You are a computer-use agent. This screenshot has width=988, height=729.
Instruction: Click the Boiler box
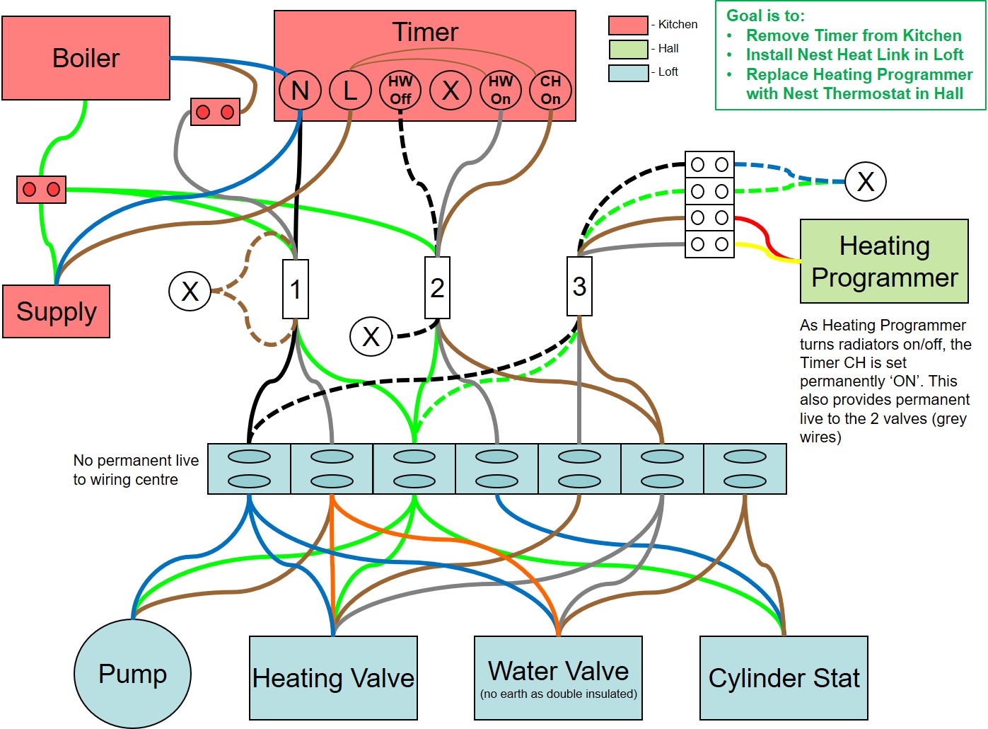coord(86,58)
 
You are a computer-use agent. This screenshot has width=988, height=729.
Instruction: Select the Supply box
coord(56,311)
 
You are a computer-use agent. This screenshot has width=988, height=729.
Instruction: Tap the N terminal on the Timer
coord(300,91)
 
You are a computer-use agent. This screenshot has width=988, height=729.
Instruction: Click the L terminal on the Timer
coord(350,91)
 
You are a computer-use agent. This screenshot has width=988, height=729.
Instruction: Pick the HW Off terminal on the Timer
coord(400,91)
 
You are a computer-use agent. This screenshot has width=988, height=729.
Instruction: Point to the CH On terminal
coord(550,91)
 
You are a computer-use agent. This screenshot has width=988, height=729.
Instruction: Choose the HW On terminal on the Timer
coord(501,91)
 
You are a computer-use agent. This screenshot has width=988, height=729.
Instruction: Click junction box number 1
coord(296,289)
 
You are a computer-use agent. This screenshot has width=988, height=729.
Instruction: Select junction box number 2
coord(437,287)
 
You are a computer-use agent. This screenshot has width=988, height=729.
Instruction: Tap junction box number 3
coord(579,286)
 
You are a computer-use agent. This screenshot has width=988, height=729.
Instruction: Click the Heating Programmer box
coord(884,261)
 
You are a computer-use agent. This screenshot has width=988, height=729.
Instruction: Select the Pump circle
coord(132,674)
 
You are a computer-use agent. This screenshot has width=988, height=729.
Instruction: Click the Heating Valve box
coord(333,678)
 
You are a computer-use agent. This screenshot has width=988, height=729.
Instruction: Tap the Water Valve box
coord(558,678)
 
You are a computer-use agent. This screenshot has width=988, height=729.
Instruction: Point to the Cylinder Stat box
coord(784,678)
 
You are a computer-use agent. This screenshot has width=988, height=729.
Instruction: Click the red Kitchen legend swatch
coord(628,25)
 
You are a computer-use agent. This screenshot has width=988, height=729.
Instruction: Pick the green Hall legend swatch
coord(628,49)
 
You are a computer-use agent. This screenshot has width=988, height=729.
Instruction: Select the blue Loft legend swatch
coord(628,72)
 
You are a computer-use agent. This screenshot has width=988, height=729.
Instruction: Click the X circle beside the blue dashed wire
coord(866,181)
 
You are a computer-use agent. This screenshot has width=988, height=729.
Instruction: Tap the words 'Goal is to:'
coord(765,16)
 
